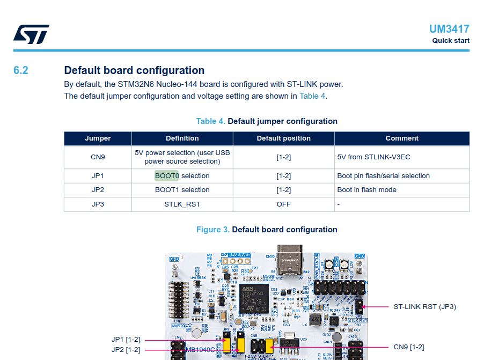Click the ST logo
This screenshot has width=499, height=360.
pyautogui.click(x=31, y=34)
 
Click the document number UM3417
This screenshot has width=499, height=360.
pyautogui.click(x=449, y=29)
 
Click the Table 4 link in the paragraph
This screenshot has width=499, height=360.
pyautogui.click(x=312, y=96)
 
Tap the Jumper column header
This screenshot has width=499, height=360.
pyautogui.click(x=98, y=138)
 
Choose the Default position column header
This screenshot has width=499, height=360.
pyautogui.click(x=283, y=138)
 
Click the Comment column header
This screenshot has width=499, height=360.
pyautogui.click(x=401, y=138)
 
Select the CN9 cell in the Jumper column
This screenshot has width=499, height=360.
pyautogui.click(x=98, y=157)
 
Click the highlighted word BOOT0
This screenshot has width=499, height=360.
pyautogui.click(x=167, y=176)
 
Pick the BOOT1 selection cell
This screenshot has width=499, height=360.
pyautogui.click(x=182, y=190)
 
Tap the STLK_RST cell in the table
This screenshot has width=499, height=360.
pyautogui.click(x=182, y=204)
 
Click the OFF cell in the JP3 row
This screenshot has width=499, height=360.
pyautogui.click(x=283, y=204)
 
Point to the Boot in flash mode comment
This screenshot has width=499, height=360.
pyautogui.click(x=366, y=190)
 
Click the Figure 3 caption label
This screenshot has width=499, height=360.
pyautogui.click(x=212, y=230)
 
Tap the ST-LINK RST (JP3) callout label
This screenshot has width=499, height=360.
pyautogui.click(x=424, y=307)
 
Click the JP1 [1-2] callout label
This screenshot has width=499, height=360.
pyautogui.click(x=126, y=340)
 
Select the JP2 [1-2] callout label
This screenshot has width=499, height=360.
pyautogui.click(x=126, y=350)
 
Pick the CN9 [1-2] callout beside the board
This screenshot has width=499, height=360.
pyautogui.click(x=408, y=347)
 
